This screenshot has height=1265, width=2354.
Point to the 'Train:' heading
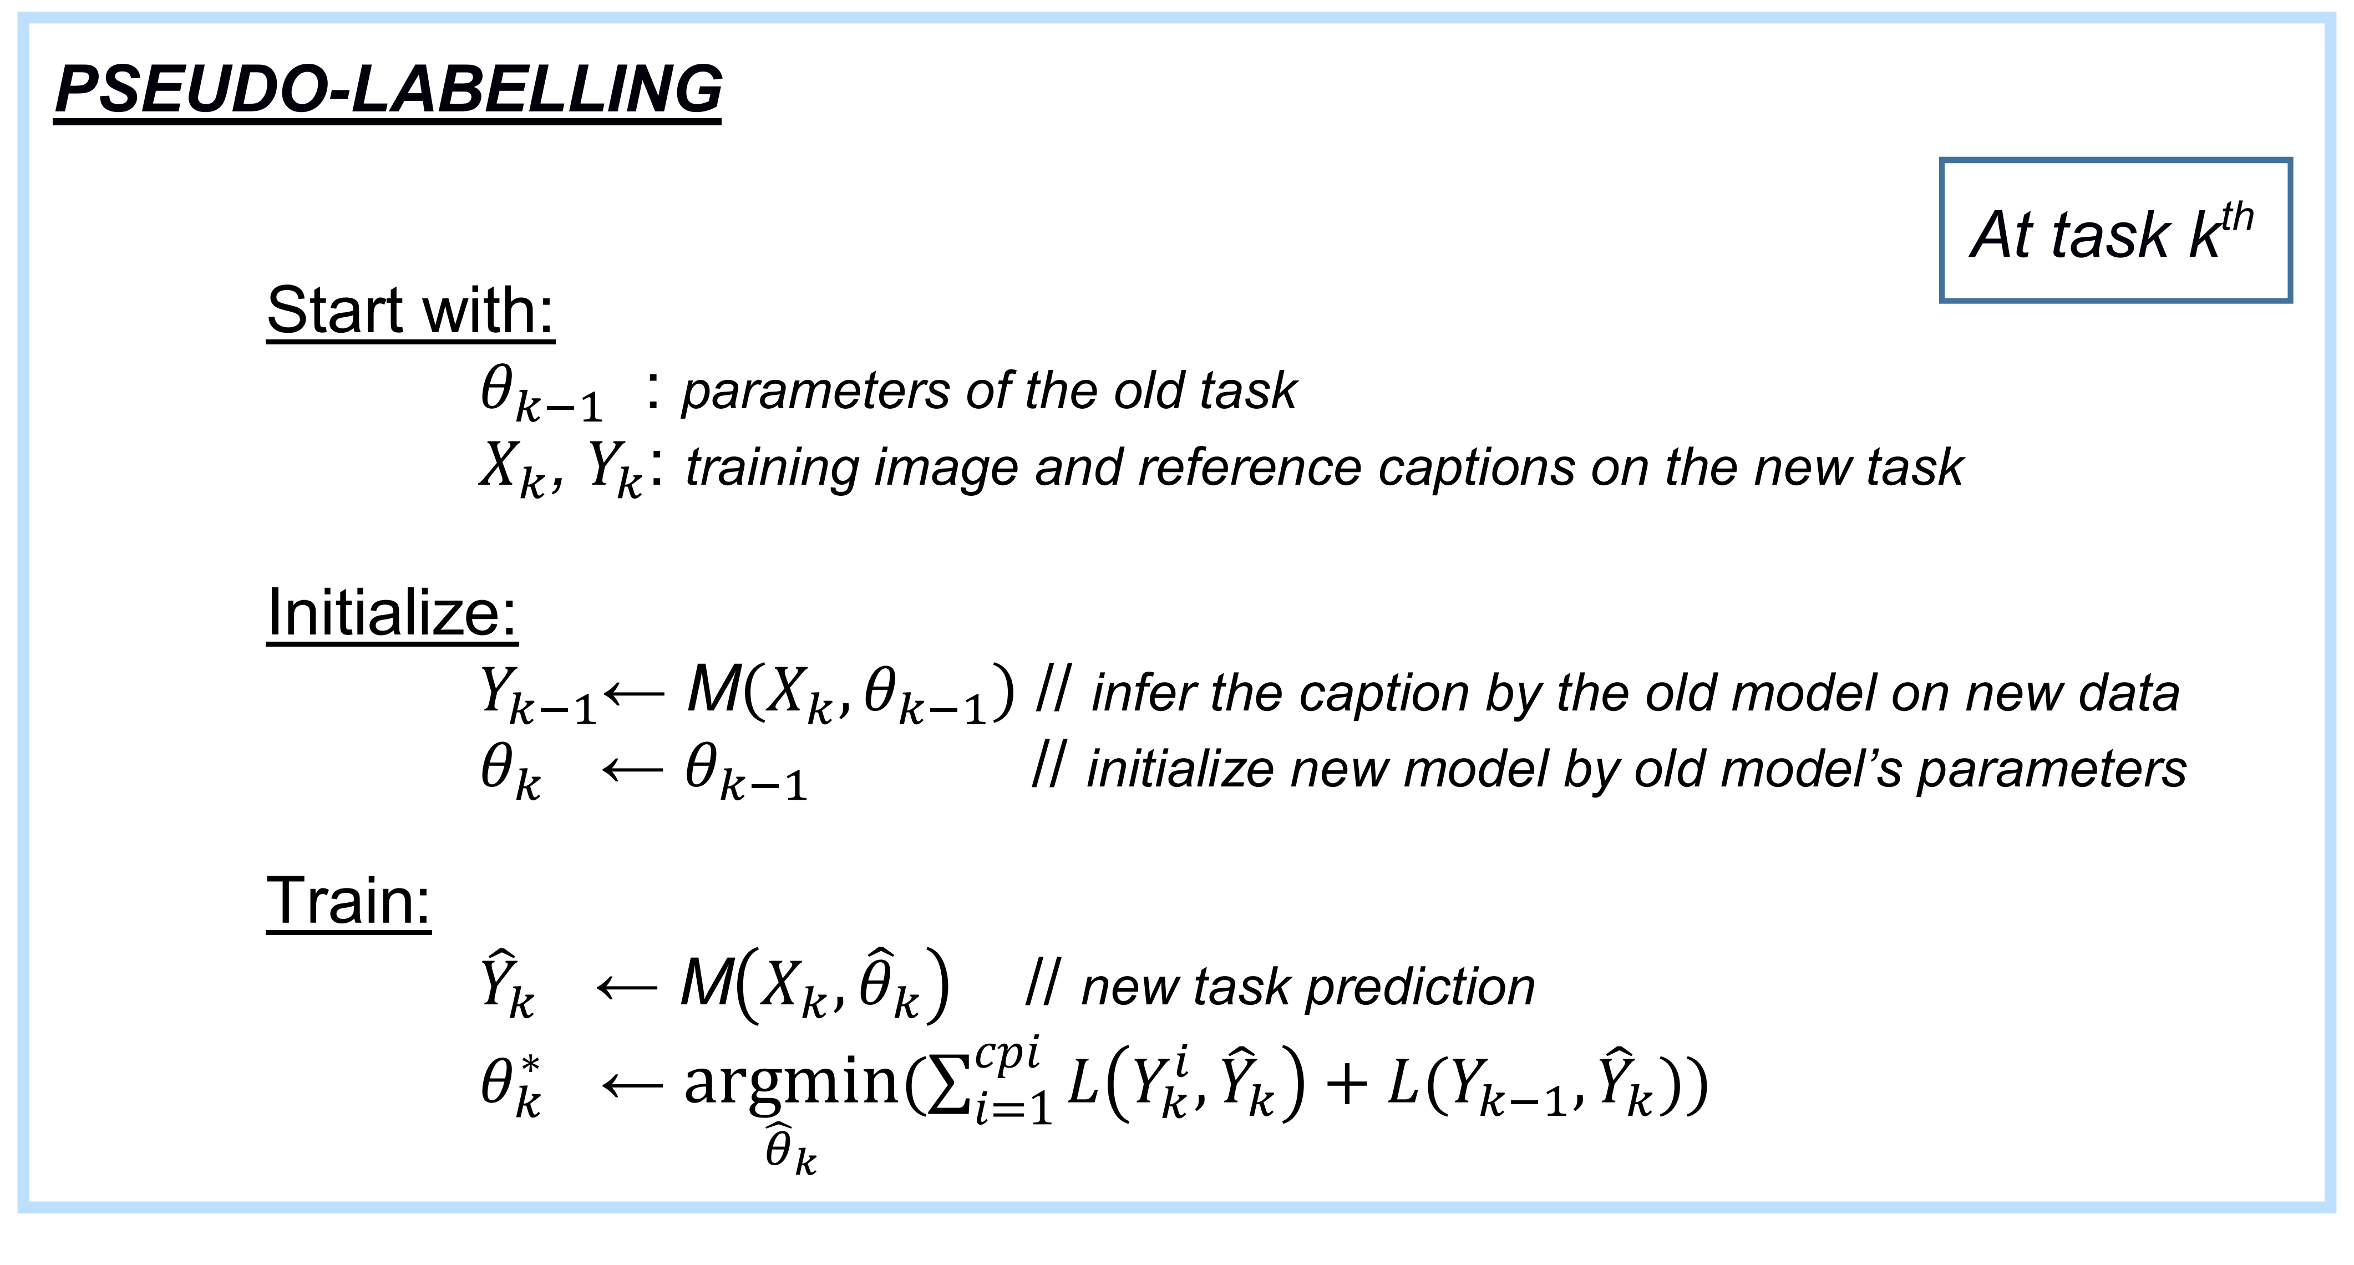click(348, 902)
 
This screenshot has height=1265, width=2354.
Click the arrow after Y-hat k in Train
click(627, 987)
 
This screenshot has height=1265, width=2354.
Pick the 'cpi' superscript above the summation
click(1007, 1054)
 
